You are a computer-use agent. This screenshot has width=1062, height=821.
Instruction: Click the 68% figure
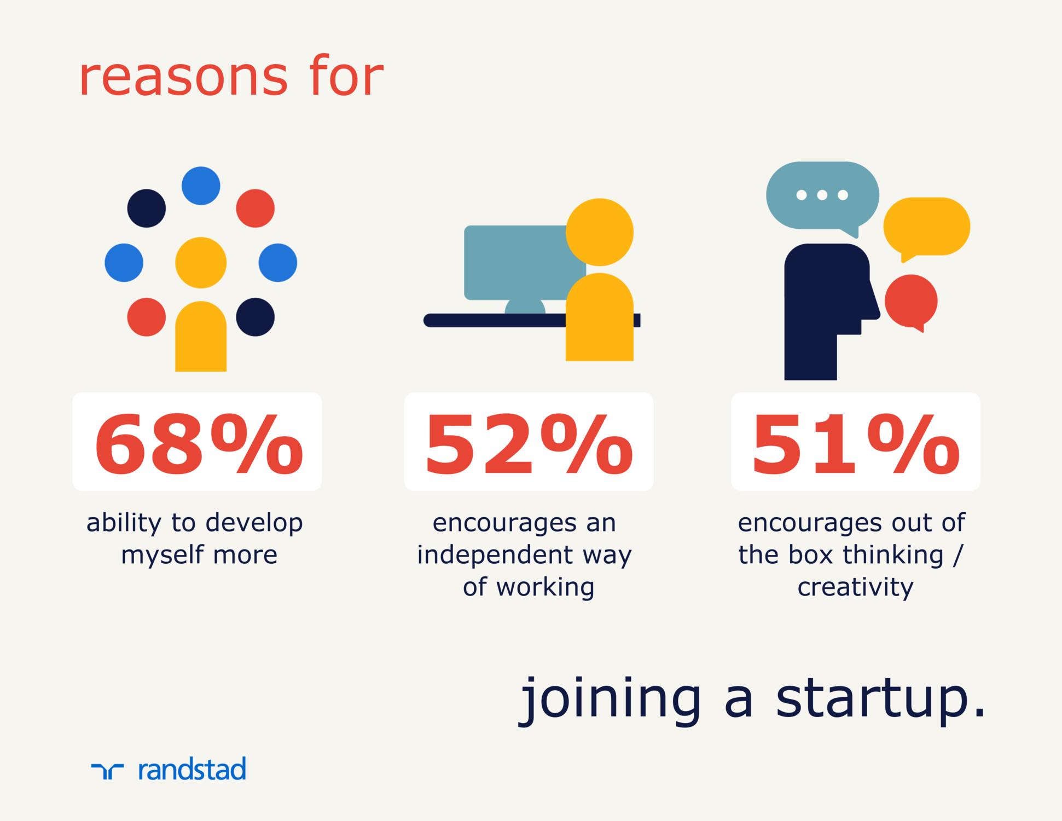click(199, 444)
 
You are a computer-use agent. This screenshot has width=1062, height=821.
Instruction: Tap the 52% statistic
click(529, 444)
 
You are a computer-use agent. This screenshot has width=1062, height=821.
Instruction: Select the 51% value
click(856, 444)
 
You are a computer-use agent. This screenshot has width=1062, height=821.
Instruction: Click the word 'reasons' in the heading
click(183, 78)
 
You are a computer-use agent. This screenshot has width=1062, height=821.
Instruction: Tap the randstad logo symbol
click(107, 771)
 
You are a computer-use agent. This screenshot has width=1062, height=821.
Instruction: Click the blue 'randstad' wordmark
click(192, 769)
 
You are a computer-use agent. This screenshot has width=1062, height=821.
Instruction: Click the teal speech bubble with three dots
click(822, 197)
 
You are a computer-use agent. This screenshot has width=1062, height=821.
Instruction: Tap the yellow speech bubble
click(927, 228)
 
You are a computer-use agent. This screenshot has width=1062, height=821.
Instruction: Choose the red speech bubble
click(911, 302)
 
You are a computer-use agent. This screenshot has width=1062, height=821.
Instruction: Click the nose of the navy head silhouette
click(874, 304)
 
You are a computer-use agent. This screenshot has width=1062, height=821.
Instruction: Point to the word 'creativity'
click(855, 587)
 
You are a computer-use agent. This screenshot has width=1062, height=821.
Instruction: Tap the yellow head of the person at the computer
click(600, 232)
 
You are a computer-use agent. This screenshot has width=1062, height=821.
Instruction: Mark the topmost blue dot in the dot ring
click(201, 186)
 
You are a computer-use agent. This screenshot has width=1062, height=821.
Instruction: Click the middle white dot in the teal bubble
click(822, 195)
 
